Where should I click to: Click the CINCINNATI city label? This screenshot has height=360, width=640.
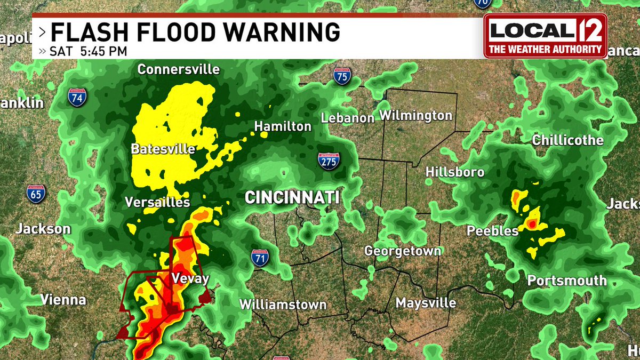[292, 198]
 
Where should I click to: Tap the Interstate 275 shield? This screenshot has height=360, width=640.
[329, 161]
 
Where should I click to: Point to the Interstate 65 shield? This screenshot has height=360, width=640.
[36, 194]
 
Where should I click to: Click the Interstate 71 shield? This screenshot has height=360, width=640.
[260, 258]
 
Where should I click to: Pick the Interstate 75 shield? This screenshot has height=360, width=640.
[342, 76]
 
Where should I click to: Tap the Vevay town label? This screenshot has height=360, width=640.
[190, 278]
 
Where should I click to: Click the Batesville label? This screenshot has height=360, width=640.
[163, 149]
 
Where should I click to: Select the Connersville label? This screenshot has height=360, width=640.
[179, 69]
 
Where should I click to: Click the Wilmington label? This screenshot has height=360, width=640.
[415, 115]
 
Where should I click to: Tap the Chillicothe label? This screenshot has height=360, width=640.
[568, 140]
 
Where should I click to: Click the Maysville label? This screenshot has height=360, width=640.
[426, 303]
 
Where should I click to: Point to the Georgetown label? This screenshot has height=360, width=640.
[403, 251]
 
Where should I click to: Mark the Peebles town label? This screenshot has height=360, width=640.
[485, 231]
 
